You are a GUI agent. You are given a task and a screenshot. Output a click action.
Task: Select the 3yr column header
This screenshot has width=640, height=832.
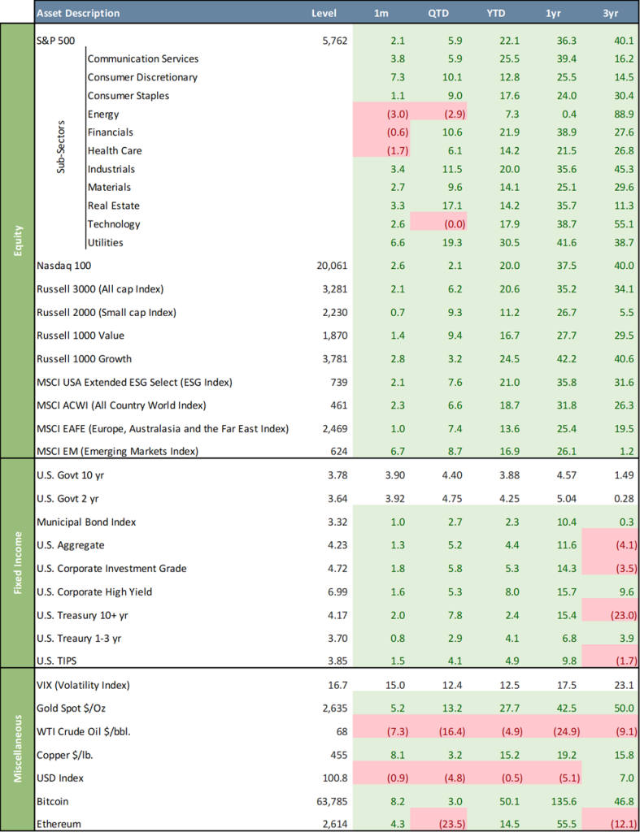[603, 14]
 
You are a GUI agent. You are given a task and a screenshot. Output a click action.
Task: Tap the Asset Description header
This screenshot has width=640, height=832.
[78, 14]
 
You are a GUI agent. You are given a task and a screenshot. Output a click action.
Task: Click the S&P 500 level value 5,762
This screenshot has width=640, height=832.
[334, 41]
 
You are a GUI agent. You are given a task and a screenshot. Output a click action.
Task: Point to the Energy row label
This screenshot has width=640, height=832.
[103, 114]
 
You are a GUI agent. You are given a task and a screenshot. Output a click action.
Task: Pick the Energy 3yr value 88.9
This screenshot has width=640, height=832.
[603, 114]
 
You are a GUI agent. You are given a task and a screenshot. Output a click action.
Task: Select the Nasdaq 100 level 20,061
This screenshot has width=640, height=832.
[332, 266]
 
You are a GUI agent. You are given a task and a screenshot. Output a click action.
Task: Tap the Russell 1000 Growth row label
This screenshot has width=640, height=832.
[85, 358]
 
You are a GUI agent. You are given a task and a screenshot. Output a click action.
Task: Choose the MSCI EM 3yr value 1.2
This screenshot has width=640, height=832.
[605, 451]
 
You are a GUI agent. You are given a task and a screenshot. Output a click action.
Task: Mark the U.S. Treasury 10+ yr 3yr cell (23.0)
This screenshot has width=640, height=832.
[599, 638]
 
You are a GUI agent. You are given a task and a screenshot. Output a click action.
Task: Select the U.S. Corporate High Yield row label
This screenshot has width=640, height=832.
[95, 591]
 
